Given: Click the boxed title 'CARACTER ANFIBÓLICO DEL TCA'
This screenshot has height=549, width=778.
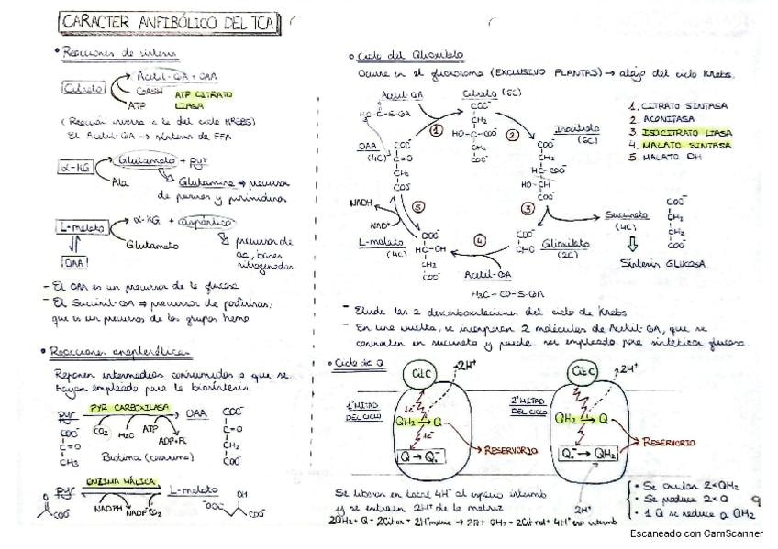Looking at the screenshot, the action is tap(171, 21).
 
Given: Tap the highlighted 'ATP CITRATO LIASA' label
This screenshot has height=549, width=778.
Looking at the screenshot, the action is tap(203, 99).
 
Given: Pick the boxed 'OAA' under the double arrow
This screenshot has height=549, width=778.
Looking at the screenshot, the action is tap(76, 264).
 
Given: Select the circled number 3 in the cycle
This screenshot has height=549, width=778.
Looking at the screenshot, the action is tap(528, 209).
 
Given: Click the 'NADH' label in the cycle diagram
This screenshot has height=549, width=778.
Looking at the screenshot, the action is tap(362, 206).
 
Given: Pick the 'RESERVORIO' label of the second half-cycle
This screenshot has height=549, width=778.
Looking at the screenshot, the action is tap(669, 442).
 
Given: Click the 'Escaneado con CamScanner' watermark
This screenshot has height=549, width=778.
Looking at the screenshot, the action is tap(701, 533).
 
